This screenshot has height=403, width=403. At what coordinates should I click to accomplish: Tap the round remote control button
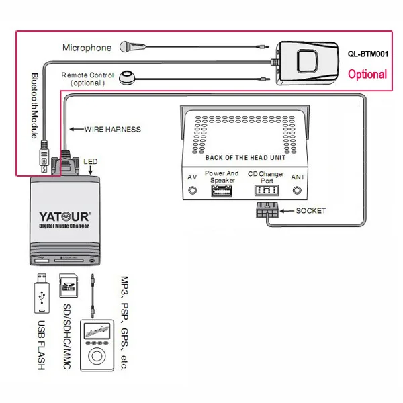127,77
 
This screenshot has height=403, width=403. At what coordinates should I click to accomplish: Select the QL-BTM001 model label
368,54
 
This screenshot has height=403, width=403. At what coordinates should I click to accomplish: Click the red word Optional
367,75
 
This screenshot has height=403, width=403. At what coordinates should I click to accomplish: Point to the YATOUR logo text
65,217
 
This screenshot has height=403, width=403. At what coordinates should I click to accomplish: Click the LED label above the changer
91,161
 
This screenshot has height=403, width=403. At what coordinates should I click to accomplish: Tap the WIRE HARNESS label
113,129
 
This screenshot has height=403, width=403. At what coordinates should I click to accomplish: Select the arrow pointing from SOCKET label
287,211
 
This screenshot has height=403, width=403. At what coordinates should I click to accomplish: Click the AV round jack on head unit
193,191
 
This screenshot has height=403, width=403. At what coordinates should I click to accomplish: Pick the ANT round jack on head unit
297,191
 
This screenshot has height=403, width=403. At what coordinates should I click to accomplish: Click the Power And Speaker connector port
222,191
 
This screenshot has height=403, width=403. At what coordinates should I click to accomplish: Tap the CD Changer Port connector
267,191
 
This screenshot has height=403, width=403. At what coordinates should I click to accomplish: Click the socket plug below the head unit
267,210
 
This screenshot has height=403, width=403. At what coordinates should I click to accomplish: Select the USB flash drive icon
42,294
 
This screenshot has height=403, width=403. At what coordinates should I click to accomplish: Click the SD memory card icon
69,285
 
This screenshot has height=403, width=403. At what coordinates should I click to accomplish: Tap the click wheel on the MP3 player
97,356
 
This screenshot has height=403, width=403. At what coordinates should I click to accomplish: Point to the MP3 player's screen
97,330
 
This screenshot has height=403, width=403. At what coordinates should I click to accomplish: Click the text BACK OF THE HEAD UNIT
245,158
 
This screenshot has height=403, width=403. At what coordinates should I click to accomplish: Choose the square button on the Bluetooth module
308,61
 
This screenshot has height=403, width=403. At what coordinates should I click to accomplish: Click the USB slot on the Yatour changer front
42,261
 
